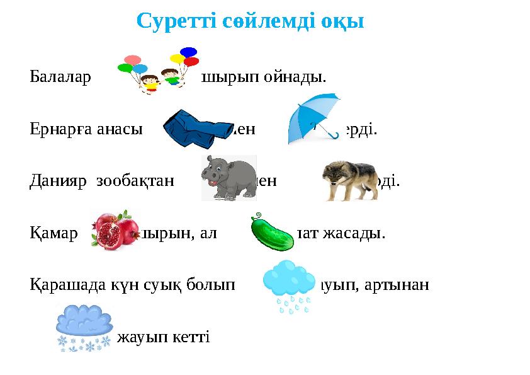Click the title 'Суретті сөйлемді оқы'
(250, 21)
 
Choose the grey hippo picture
(228, 178)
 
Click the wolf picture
(349, 178)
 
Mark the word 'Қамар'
(54, 234)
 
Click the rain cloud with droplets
(288, 284)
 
